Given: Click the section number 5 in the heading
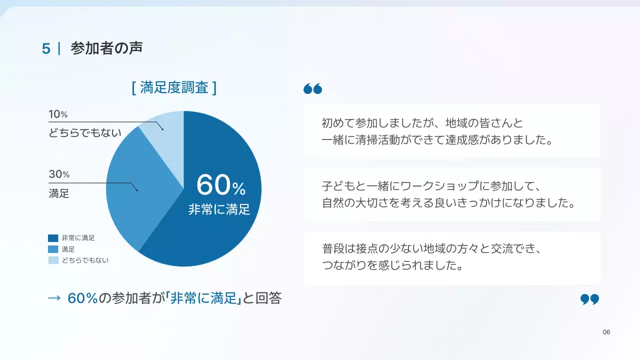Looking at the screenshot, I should click(x=46, y=48).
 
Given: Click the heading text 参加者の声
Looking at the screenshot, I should click(x=106, y=48).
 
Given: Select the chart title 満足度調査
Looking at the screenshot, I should click(x=174, y=88).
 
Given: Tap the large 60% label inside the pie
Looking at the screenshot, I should click(x=220, y=185).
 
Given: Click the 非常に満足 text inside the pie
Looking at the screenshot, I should click(x=219, y=209).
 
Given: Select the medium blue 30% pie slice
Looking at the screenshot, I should click(x=132, y=185).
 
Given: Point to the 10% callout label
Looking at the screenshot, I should click(x=58, y=114).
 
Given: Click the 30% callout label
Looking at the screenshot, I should click(x=59, y=174).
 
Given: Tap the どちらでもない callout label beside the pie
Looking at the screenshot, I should click(x=85, y=133).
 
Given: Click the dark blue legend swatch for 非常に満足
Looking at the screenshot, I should click(x=53, y=238).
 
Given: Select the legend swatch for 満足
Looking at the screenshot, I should click(x=53, y=249).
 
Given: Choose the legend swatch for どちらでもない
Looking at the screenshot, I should click(x=53, y=260).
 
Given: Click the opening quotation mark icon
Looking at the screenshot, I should click(x=312, y=89).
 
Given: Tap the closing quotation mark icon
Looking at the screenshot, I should click(x=589, y=299).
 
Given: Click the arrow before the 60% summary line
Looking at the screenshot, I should click(x=54, y=298).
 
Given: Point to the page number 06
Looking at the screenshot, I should click(x=606, y=332).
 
